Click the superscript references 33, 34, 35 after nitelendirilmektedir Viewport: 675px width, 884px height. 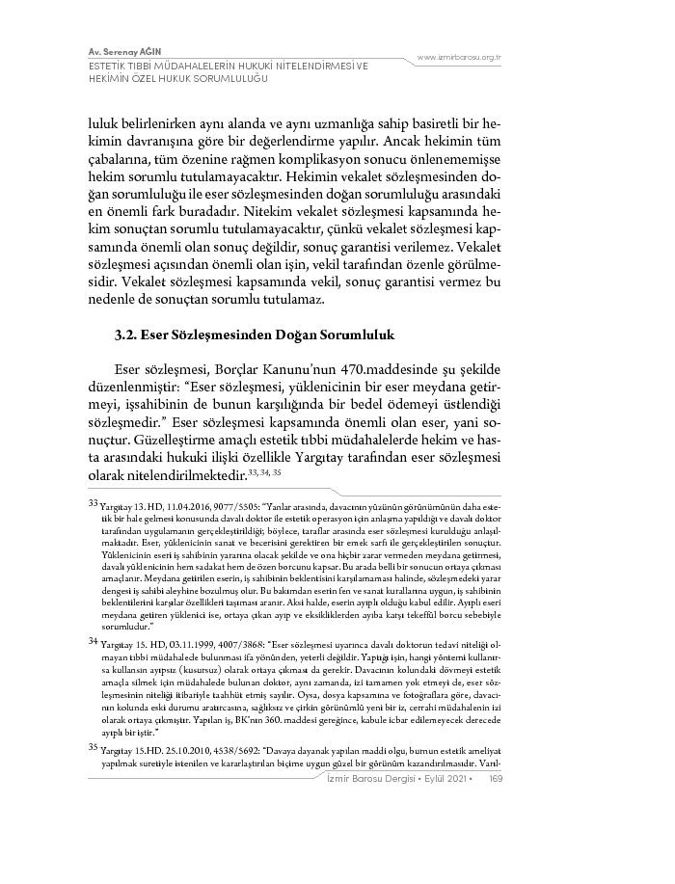tap(263, 471)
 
